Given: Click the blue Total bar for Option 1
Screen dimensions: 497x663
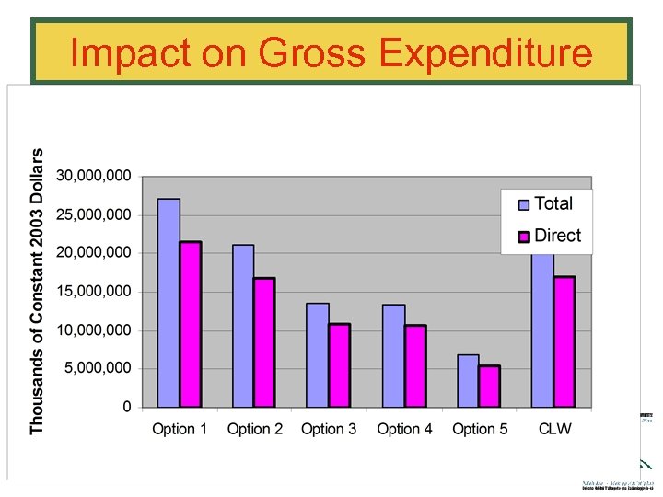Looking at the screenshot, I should point(169,303).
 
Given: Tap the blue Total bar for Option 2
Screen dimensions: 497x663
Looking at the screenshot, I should point(243,326).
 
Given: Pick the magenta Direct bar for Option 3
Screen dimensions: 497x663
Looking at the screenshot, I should point(340,365).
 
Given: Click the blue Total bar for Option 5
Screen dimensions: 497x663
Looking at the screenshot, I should point(468,381).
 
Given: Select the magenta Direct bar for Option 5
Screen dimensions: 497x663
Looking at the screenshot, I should point(489,387).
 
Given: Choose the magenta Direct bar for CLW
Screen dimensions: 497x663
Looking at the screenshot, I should point(564,341).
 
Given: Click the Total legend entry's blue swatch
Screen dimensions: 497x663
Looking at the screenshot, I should point(524,205).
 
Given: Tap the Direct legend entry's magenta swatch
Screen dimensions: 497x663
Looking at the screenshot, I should point(524,237).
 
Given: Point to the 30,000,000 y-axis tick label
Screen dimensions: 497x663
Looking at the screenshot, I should point(95,176).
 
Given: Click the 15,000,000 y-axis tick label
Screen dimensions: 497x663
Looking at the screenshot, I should point(95,292).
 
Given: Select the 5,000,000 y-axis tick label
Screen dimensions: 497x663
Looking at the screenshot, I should point(99,368).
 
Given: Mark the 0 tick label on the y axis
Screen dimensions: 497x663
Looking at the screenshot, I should point(126,407).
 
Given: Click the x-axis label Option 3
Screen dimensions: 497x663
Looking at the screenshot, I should point(329,429).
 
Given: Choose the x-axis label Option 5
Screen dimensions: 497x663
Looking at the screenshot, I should point(480,429).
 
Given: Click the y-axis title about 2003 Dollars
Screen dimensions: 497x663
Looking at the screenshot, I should point(37,291).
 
